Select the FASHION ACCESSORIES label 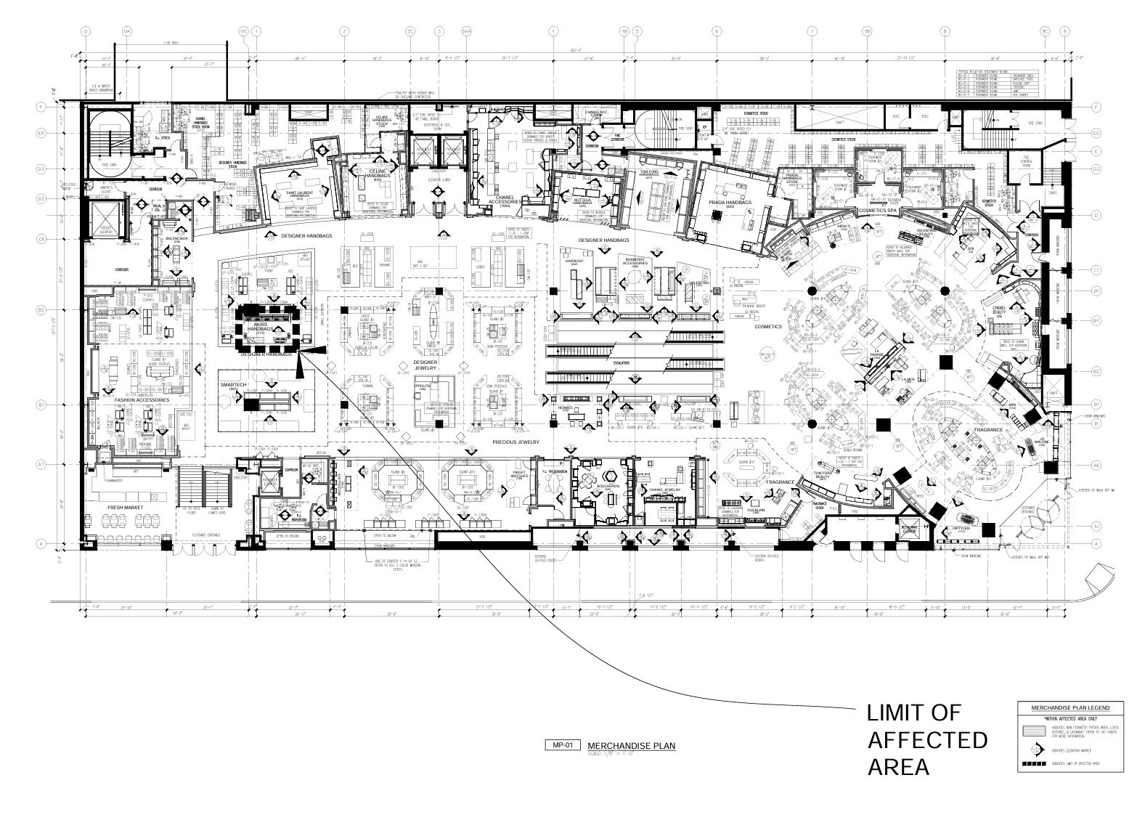142,400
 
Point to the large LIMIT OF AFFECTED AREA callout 927,739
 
